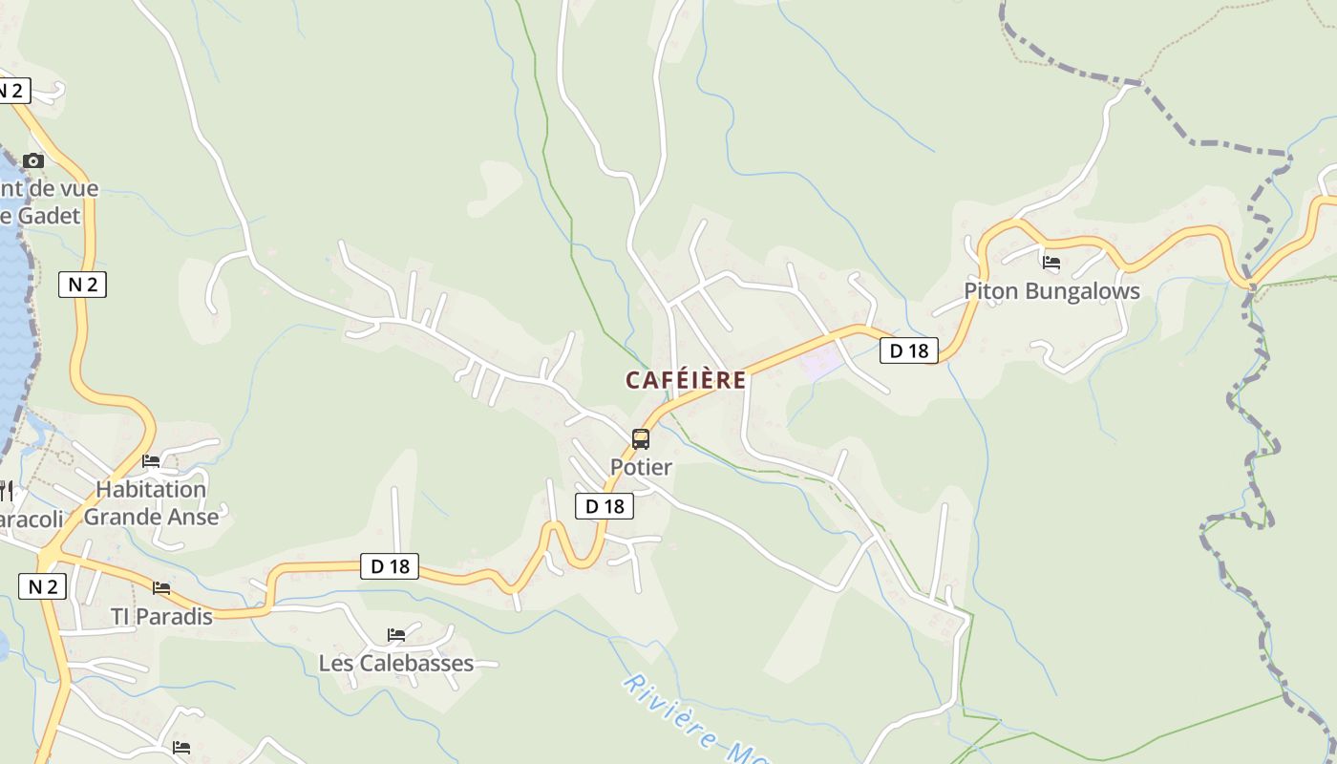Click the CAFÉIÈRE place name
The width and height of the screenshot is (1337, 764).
tap(686, 380)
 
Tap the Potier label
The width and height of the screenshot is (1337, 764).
tap(641, 467)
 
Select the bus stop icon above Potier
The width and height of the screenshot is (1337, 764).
tap(641, 439)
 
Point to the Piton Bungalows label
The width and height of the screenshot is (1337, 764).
tap(1051, 291)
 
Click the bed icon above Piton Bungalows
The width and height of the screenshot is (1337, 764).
tap(1051, 263)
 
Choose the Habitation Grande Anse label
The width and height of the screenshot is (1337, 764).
tap(151, 503)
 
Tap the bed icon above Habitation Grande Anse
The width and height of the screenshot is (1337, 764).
tap(151, 461)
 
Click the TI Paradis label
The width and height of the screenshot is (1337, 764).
tap(161, 617)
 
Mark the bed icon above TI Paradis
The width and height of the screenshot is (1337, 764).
tap(161, 588)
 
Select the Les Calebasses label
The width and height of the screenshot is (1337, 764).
tap(395, 663)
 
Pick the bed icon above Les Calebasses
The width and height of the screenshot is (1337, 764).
tap(395, 635)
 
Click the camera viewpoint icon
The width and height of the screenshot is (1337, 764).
tap(33, 160)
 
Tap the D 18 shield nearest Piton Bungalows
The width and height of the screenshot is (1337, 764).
tap(909, 350)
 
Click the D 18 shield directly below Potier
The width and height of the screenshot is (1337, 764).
tap(605, 506)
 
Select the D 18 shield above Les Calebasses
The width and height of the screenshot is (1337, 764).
tap(390, 566)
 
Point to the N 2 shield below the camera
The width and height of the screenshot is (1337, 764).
tap(83, 284)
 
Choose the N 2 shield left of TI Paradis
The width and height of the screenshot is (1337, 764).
tap(43, 586)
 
